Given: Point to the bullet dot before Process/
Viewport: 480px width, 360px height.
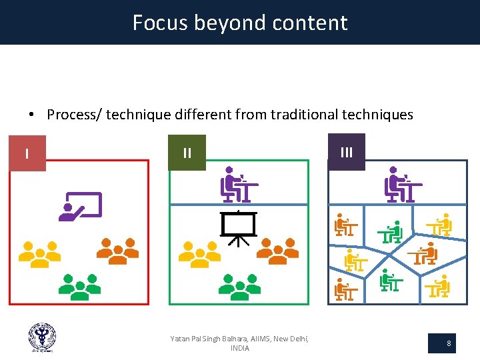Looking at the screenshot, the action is point(31,115).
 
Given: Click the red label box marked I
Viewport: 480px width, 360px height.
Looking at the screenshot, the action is point(27,153).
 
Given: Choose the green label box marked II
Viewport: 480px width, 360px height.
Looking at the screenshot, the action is point(187,153).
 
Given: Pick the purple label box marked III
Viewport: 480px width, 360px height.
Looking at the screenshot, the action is point(347,152).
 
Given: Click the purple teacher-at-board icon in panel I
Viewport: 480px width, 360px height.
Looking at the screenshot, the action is point(80,207).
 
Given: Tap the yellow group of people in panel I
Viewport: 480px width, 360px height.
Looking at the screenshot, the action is point(39,253).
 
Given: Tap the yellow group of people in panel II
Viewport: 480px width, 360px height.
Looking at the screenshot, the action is point(199,253).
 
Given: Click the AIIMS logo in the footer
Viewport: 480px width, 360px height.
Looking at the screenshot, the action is point(42,337).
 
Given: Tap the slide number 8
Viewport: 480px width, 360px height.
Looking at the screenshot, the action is point(449,344).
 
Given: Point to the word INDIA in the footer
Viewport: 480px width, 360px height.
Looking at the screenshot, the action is point(240,349).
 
